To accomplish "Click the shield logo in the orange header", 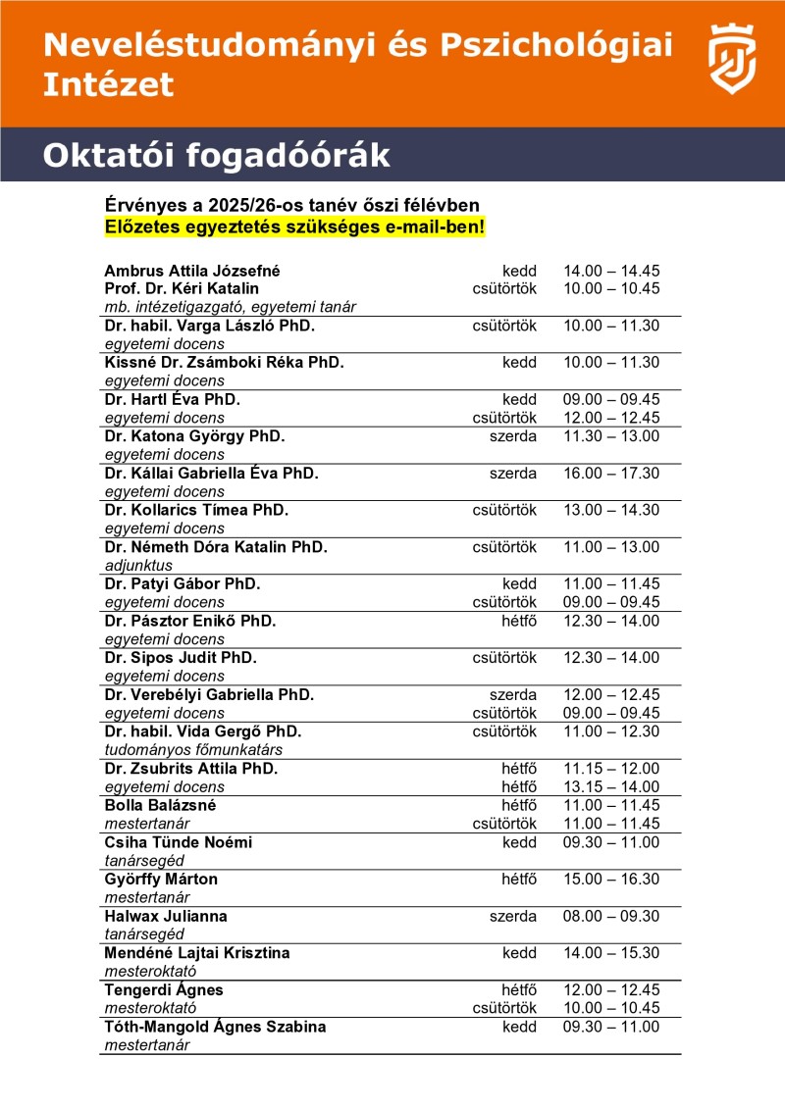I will click(733, 60).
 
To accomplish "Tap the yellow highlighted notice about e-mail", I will click(295, 227).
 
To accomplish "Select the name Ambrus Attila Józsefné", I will click(199, 270).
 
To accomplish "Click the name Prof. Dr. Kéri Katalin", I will click(182, 288).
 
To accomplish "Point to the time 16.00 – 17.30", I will click(611, 474).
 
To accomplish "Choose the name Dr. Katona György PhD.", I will click(194, 436).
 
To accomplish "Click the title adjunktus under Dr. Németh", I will click(138, 566).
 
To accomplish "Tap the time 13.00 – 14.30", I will click(611, 511).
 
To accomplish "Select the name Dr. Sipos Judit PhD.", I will click(181, 658).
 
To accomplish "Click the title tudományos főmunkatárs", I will click(184, 750).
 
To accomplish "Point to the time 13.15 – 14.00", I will click(611, 786).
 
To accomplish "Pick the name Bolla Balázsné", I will click(160, 805).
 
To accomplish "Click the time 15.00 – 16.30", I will click(611, 880).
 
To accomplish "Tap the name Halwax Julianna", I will click(166, 916).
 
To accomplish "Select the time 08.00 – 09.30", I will click(611, 916).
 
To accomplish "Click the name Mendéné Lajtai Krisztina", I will click(197, 953).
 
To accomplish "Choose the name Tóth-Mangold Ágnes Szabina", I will click(215, 1027).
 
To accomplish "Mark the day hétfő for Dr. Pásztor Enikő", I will click(519, 621).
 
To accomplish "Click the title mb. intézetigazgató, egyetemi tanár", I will click(230, 307).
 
